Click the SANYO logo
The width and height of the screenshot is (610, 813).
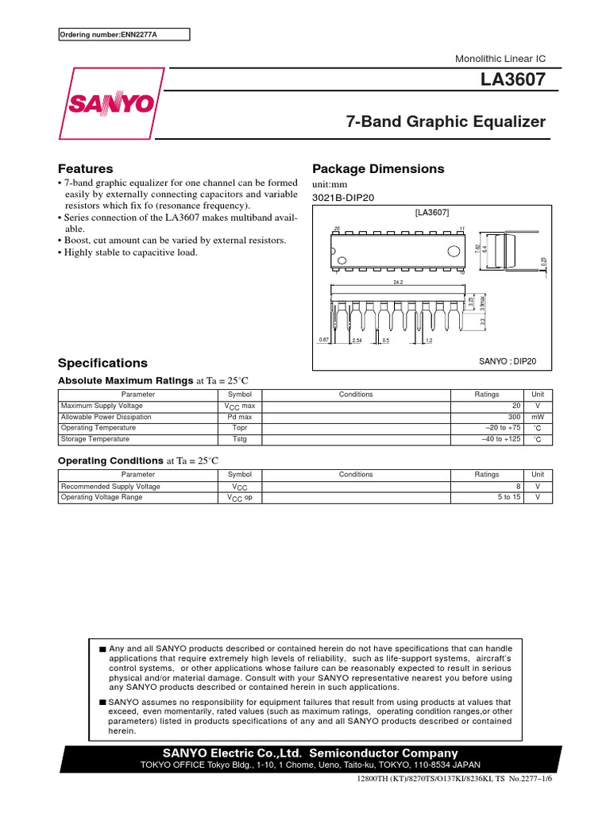point(110,104)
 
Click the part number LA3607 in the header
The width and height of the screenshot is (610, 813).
point(513,80)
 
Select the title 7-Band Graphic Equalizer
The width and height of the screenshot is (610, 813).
point(446,122)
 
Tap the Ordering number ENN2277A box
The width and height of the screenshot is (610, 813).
point(125,34)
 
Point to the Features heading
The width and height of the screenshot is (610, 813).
point(86,169)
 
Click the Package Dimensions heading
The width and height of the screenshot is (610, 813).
point(378,169)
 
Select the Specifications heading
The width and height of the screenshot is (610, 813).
point(103,363)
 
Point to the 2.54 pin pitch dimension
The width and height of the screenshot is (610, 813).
point(357,340)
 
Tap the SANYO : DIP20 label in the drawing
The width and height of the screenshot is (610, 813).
point(508,361)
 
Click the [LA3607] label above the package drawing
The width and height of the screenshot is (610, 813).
point(432,213)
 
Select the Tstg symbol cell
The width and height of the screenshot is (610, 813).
point(239,439)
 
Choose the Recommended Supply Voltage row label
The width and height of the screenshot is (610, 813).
point(110,487)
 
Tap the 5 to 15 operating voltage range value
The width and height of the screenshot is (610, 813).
point(507,498)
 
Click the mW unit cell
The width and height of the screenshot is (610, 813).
point(538,417)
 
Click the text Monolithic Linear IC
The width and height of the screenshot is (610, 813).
point(500,60)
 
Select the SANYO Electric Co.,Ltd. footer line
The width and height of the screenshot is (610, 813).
point(310,753)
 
